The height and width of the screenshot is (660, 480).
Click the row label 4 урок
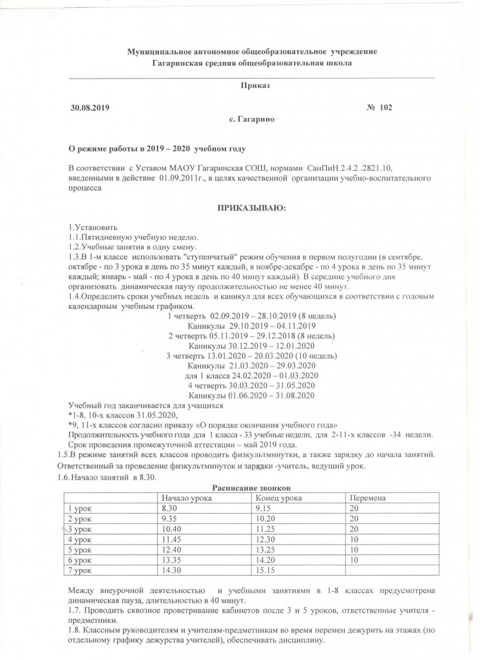click(80, 539)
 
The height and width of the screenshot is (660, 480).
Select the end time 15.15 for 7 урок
click(265, 570)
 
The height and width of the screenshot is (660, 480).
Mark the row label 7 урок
click(80, 570)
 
